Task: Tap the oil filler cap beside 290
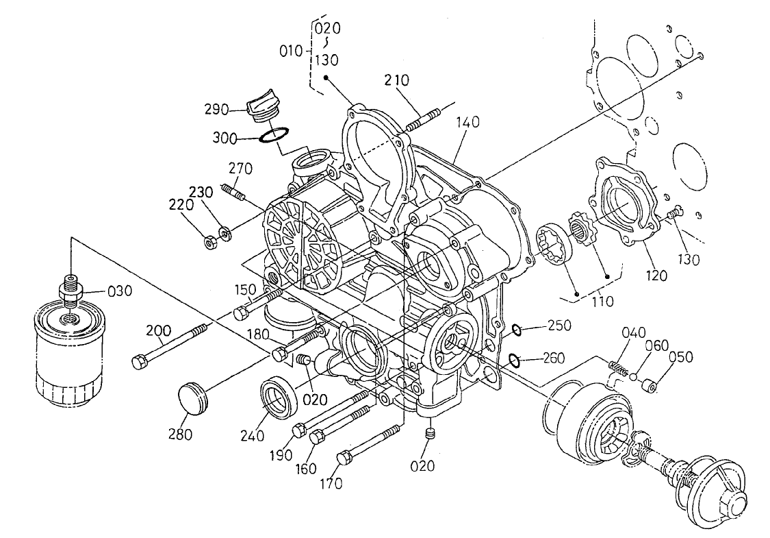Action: pos(264,109)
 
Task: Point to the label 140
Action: pos(469,123)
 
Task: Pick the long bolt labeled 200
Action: pos(171,347)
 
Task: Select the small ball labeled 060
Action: pos(636,376)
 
